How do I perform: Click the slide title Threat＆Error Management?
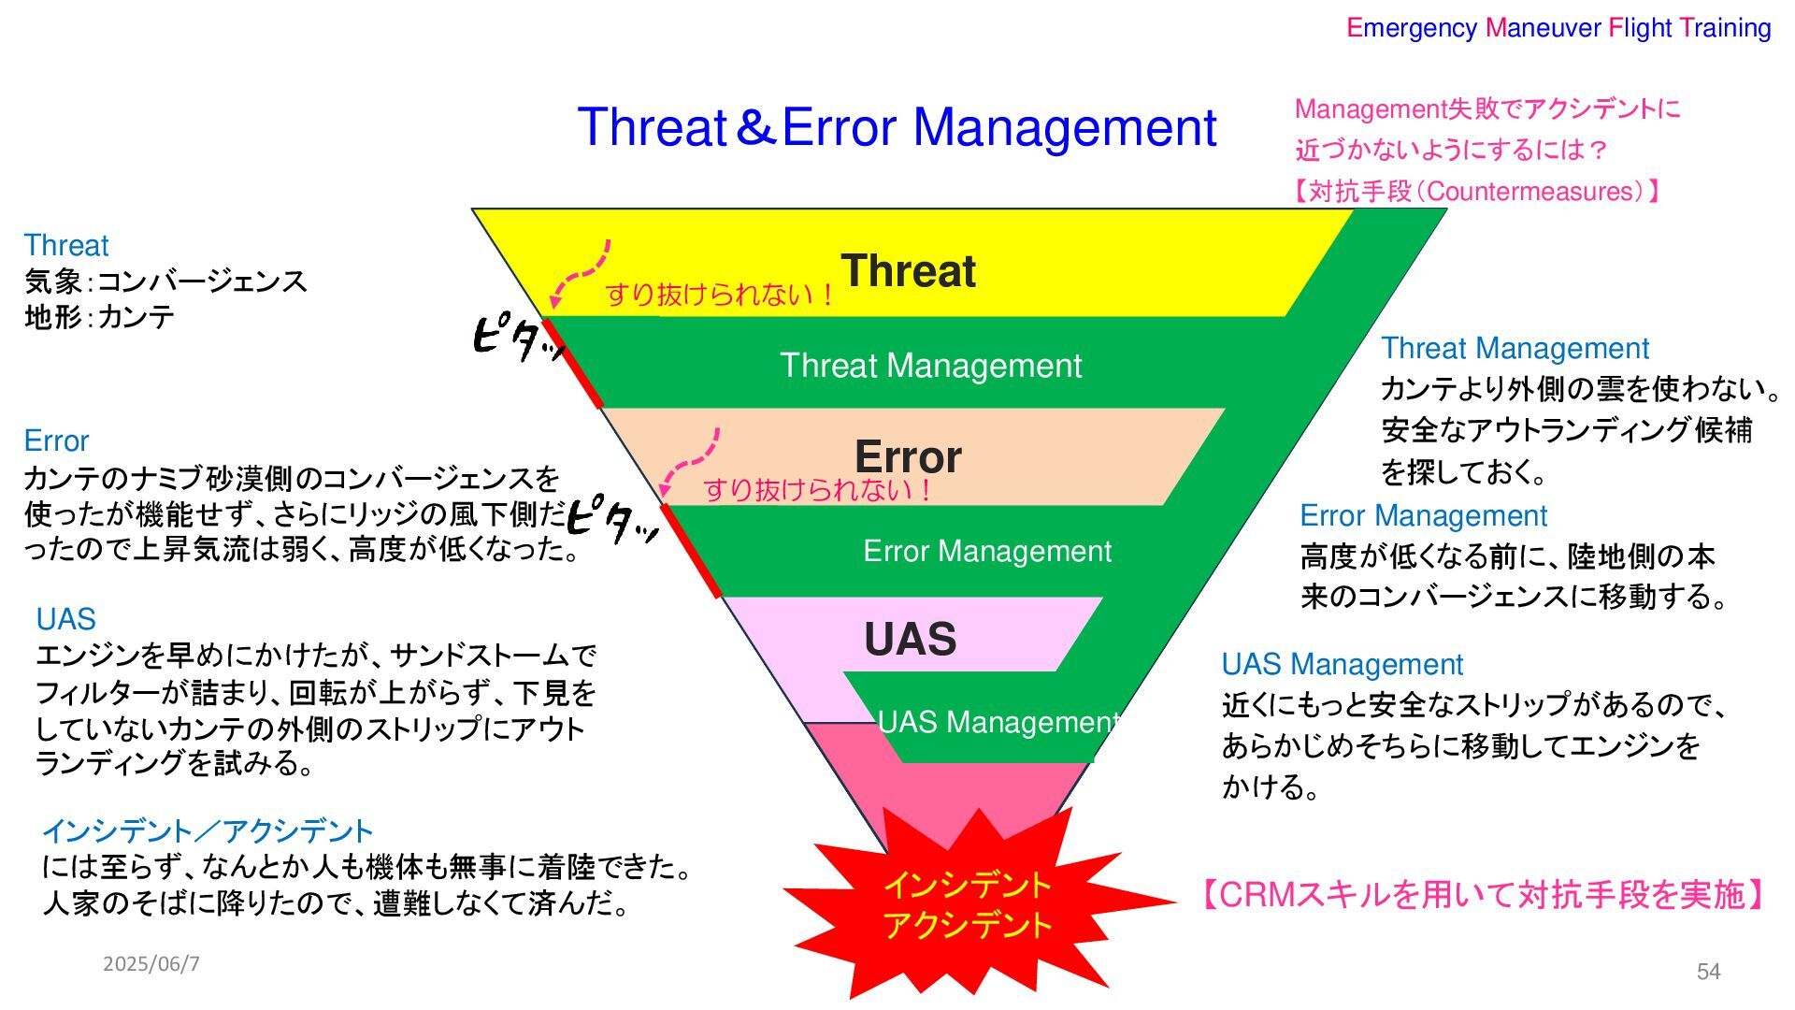[x=897, y=127]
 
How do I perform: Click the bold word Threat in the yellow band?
[x=908, y=271]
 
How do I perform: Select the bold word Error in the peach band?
[x=908, y=456]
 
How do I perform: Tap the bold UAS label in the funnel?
[x=910, y=640]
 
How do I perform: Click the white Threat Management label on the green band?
[x=930, y=366]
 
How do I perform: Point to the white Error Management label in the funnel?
[x=987, y=551]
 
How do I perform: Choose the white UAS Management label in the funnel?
[x=997, y=722]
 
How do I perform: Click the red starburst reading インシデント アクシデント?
[x=968, y=904]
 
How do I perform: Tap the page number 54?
[x=1708, y=972]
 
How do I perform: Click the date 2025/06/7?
[x=151, y=963]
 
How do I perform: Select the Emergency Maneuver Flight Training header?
[x=1558, y=28]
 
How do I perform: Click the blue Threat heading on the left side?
[x=66, y=246]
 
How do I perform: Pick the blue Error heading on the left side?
[x=56, y=440]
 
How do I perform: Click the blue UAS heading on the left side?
[x=65, y=619]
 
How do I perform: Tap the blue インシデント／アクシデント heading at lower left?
[x=208, y=830]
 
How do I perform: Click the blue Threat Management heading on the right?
[x=1515, y=349]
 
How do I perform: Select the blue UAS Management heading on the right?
[x=1342, y=664]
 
